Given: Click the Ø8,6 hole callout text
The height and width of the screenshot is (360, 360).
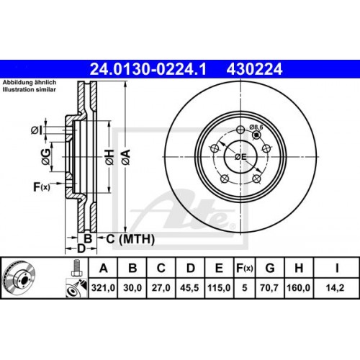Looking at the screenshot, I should [x=256, y=127].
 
